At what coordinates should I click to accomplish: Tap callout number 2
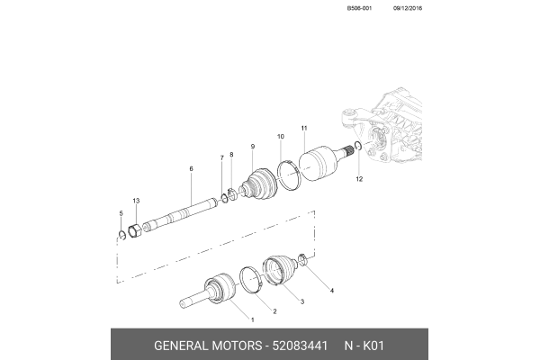pos(275,310)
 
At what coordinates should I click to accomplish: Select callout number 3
pos(301,301)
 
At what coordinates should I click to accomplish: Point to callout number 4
pos(331,291)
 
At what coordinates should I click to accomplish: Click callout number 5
pos(121,212)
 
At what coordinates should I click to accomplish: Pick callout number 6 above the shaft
pos(191,168)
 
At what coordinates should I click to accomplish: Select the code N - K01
pos(363,346)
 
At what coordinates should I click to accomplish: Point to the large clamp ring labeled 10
pos(287,173)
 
